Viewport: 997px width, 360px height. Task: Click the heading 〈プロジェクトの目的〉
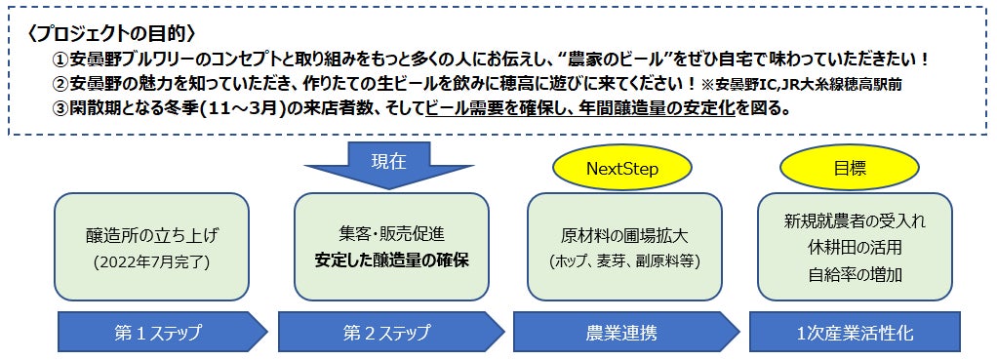pos(112,32)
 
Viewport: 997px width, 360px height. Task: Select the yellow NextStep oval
pos(620,169)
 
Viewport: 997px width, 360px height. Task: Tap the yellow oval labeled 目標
pos(850,169)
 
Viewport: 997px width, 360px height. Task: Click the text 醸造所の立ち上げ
pos(151,236)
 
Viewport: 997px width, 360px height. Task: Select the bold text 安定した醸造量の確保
pos(392,260)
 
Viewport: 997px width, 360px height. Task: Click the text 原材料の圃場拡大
pos(625,236)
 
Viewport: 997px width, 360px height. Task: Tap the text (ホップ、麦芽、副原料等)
pos(625,260)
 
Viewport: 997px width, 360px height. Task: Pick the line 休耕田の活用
pos(855,248)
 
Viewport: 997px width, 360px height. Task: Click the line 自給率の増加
pos(855,274)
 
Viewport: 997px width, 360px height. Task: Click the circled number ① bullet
pos(60,60)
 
